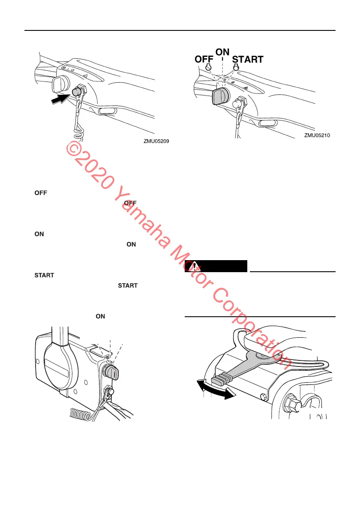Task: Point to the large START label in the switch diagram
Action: [x=248, y=60]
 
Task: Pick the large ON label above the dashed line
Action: [x=222, y=52]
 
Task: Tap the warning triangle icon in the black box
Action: [x=195, y=266]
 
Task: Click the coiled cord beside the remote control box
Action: [x=81, y=414]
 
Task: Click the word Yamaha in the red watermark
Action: [x=141, y=219]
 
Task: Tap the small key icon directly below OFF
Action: [x=209, y=68]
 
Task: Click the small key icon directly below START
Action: [x=236, y=67]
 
